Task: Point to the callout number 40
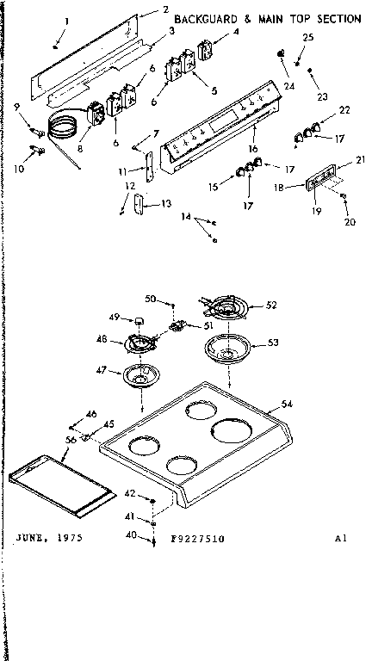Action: [x=131, y=535]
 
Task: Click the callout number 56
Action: [x=71, y=439]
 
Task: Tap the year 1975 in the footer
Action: [x=63, y=537]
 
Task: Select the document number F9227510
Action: [x=197, y=538]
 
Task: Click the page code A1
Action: [x=341, y=538]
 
